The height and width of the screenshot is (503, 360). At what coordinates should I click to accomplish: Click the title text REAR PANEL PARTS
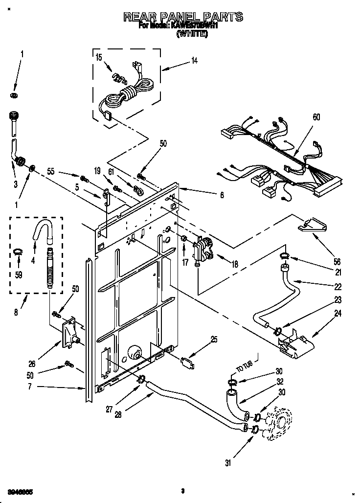pyautogui.click(x=183, y=17)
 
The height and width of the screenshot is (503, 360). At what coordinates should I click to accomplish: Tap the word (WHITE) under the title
pyautogui.click(x=192, y=34)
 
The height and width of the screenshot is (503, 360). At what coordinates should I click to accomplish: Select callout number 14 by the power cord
pyautogui.click(x=194, y=61)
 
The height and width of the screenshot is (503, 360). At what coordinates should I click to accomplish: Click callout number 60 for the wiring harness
pyautogui.click(x=316, y=117)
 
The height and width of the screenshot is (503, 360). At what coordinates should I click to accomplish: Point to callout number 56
pyautogui.click(x=337, y=261)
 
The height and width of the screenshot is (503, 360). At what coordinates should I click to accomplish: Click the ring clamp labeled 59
pyautogui.click(x=18, y=251)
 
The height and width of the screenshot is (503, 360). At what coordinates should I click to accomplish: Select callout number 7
pyautogui.click(x=17, y=387)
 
